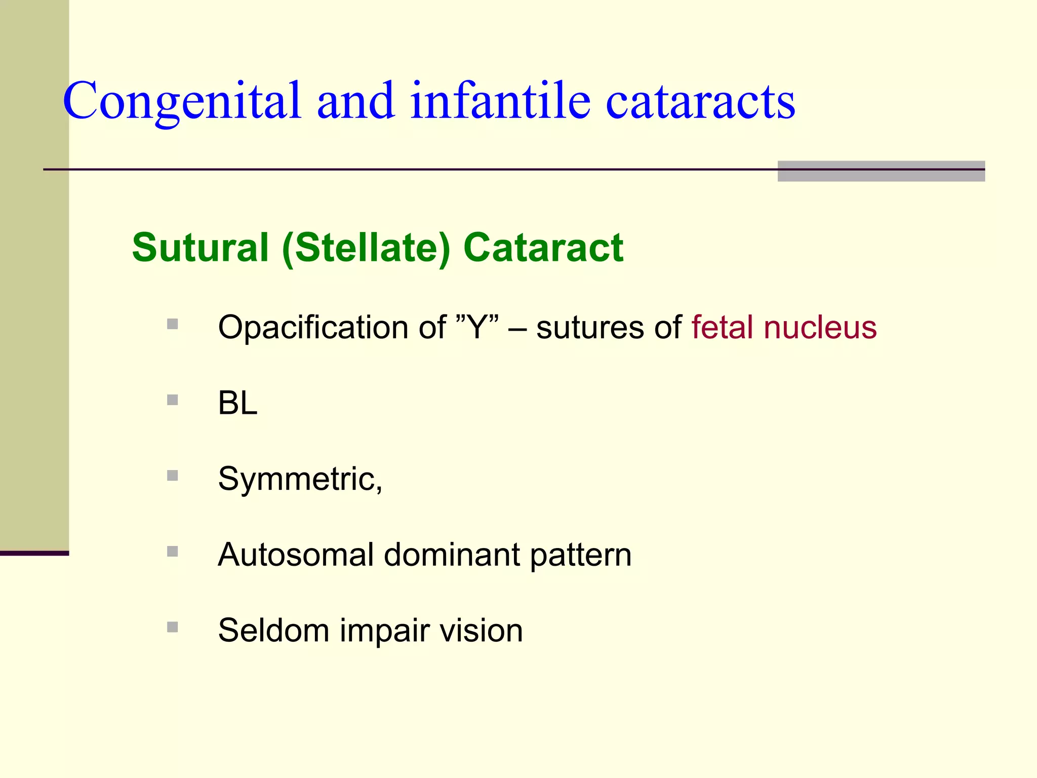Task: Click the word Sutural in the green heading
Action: (x=200, y=248)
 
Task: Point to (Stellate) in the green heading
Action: (x=366, y=248)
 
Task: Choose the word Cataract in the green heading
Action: (x=543, y=248)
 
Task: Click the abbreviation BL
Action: (x=237, y=403)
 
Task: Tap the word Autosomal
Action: (x=295, y=555)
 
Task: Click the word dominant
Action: (x=452, y=555)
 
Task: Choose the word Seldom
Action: (x=273, y=631)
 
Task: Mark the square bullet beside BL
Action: (x=173, y=400)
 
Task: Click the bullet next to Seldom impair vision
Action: (x=173, y=627)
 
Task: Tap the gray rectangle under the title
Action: (x=881, y=171)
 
